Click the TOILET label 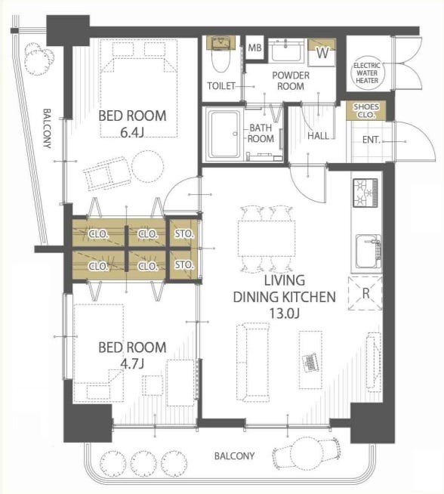pyautogui.click(x=221, y=85)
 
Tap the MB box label pyautogui.click(x=254, y=48)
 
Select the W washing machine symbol pyautogui.click(x=322, y=53)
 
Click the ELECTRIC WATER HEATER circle pyautogui.click(x=367, y=73)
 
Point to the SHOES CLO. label pyautogui.click(x=366, y=110)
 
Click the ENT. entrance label pyautogui.click(x=372, y=140)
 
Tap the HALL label pyautogui.click(x=318, y=136)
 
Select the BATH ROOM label pyautogui.click(x=261, y=133)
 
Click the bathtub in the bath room pyautogui.click(x=224, y=134)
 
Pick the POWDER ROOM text pyautogui.click(x=291, y=81)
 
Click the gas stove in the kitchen pyautogui.click(x=365, y=193)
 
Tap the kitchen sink pyautogui.click(x=368, y=252)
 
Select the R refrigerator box pyautogui.click(x=365, y=293)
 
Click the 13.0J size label pyautogui.click(x=284, y=313)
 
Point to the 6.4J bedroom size pyautogui.click(x=132, y=133)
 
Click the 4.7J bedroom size pyautogui.click(x=132, y=364)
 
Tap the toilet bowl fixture pyautogui.click(x=220, y=55)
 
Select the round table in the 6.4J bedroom pyautogui.click(x=148, y=166)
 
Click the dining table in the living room pyautogui.click(x=267, y=239)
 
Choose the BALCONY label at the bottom pyautogui.click(x=234, y=456)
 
